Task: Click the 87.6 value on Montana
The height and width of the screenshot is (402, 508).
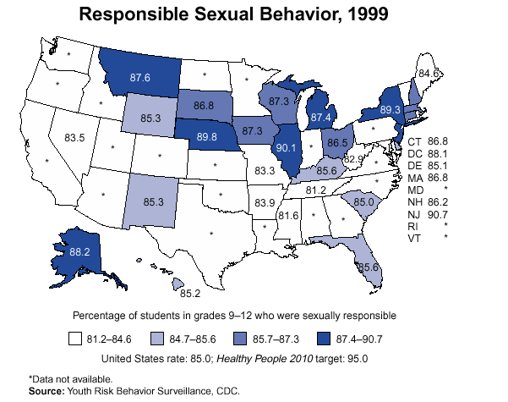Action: [x=140, y=77]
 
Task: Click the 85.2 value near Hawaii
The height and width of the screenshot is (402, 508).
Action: [x=190, y=294]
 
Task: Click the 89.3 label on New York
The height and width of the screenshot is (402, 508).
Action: [x=390, y=109]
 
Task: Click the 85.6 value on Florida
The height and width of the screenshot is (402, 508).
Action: [x=368, y=267]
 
